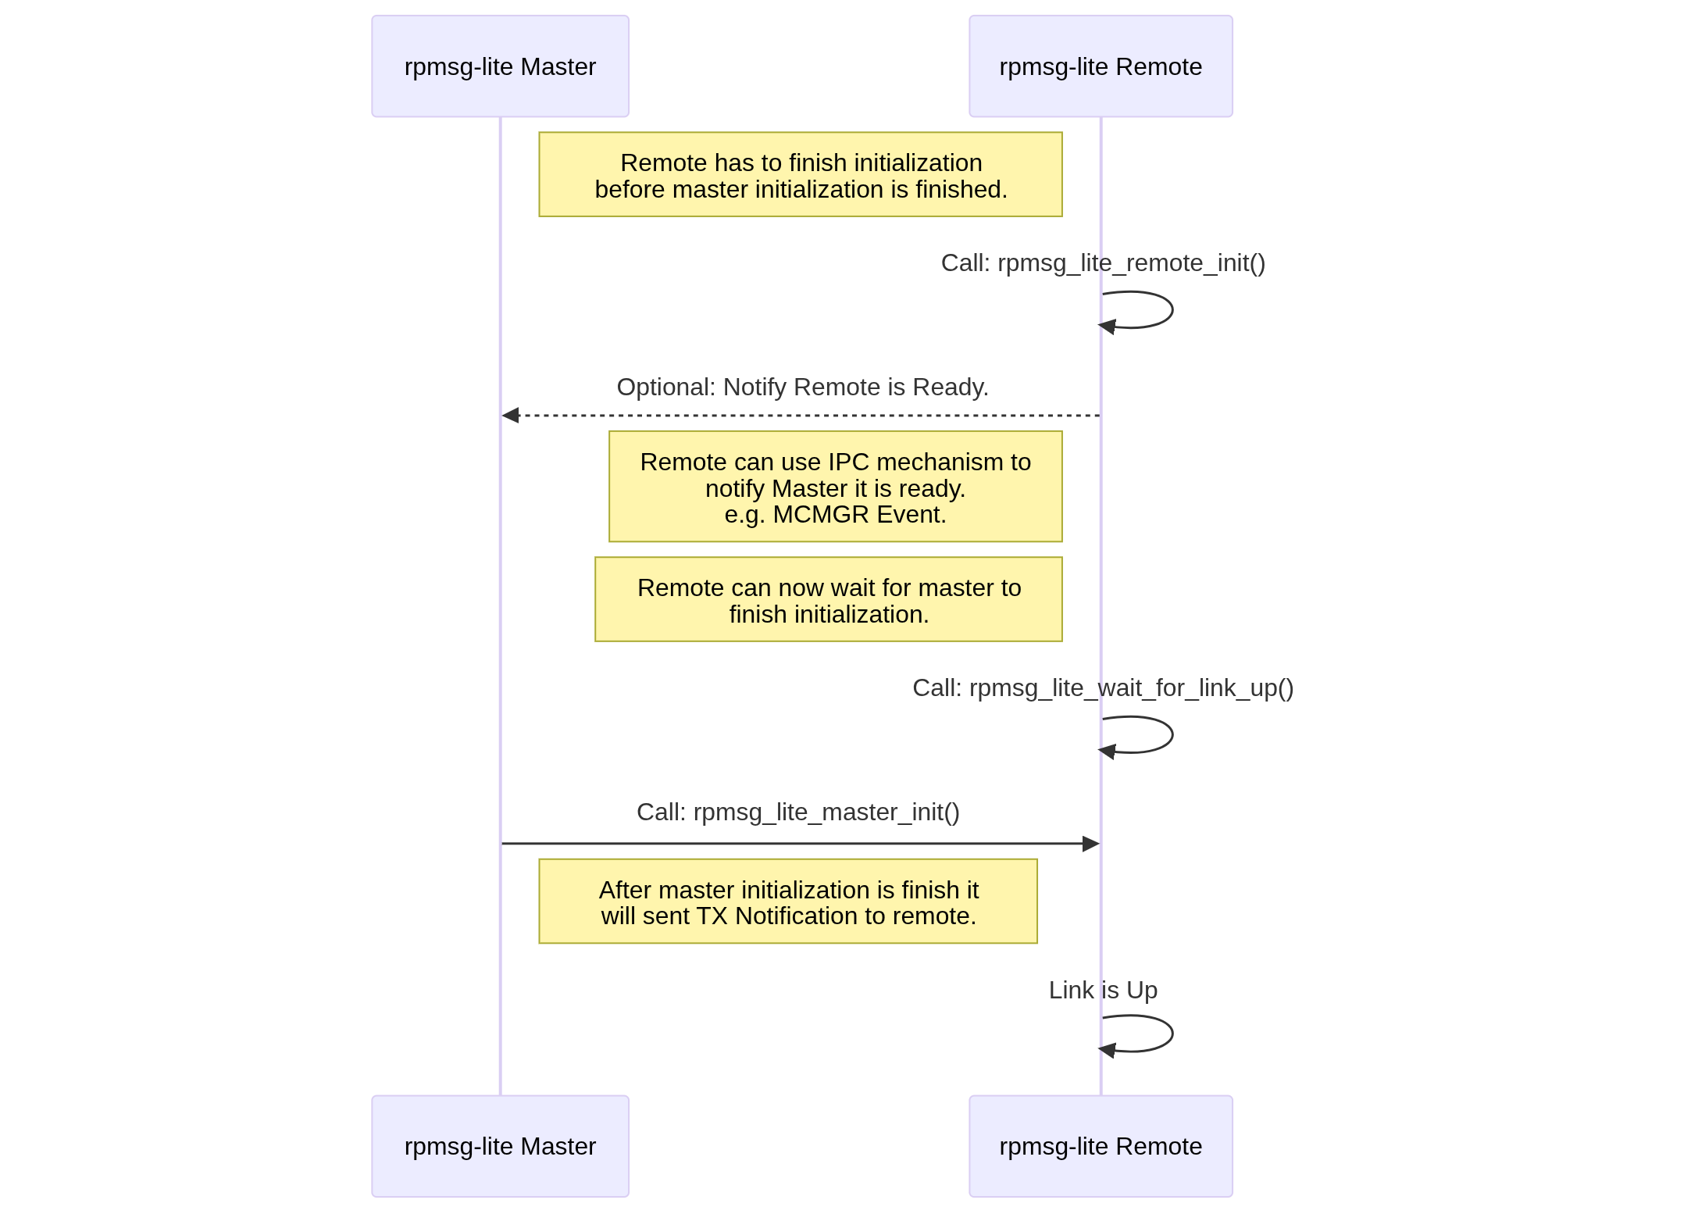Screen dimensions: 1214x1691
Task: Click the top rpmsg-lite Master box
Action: click(x=500, y=66)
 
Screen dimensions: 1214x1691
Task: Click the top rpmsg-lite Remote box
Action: click(x=1100, y=66)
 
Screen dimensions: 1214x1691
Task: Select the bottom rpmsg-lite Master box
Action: click(x=500, y=1146)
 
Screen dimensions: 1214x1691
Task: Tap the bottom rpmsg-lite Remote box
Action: click(x=1100, y=1146)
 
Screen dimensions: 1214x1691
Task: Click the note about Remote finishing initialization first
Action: click(x=800, y=175)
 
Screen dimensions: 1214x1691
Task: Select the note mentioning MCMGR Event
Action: click(x=835, y=487)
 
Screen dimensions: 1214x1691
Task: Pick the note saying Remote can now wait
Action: click(x=828, y=600)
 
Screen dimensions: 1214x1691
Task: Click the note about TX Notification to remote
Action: click(x=787, y=902)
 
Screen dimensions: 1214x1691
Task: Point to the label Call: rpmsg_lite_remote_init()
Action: click(x=1102, y=263)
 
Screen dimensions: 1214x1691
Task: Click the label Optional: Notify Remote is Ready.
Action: click(x=802, y=387)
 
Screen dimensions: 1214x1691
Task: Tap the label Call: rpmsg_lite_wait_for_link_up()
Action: click(x=1102, y=688)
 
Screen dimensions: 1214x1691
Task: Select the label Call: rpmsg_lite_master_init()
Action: click(x=797, y=812)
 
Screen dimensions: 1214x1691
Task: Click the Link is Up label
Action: click(x=1102, y=991)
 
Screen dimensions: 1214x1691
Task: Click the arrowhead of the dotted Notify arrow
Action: click(x=511, y=416)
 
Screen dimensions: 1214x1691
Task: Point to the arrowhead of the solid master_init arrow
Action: click(x=1090, y=844)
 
